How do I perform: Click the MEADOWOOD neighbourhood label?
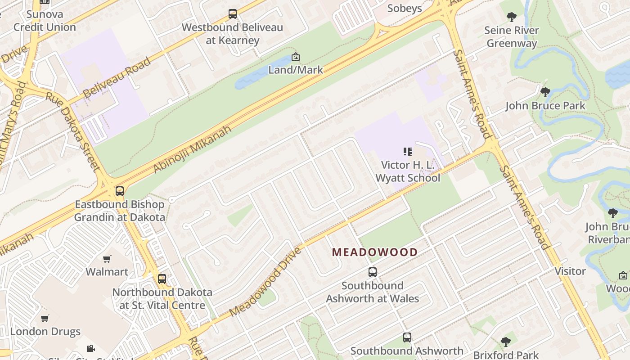[x=375, y=252]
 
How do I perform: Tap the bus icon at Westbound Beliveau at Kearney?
[x=233, y=14]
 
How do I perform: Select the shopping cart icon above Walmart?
[x=107, y=259]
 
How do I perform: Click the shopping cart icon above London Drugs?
[x=45, y=318]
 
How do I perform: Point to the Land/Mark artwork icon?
[x=296, y=57]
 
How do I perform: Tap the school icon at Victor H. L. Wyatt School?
[x=408, y=152]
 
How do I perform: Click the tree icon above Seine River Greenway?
[x=511, y=17]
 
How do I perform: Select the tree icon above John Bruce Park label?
[x=545, y=92]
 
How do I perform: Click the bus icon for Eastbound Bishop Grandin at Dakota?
[x=119, y=191]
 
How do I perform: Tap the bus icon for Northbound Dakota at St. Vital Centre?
[x=162, y=279]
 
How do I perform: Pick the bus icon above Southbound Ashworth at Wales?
[x=373, y=272]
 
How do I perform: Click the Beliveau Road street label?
[x=117, y=77]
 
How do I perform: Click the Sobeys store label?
[x=405, y=8]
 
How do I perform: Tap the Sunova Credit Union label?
[x=45, y=21]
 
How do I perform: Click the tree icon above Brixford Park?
[x=506, y=342]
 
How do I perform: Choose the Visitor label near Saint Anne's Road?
[x=570, y=271]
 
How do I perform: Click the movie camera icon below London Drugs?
[x=90, y=348]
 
